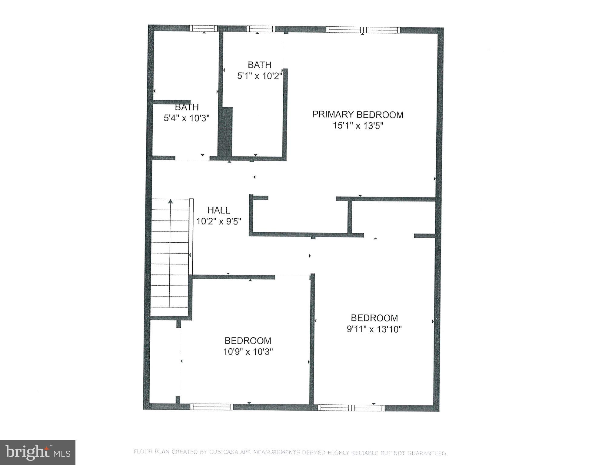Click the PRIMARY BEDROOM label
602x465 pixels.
358,115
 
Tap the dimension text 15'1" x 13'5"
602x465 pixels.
358,126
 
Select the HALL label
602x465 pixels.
218,210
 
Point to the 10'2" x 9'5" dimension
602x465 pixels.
218,221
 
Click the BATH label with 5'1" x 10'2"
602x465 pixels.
259,65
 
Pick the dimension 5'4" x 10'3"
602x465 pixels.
187,118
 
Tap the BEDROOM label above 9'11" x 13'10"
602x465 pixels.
374,318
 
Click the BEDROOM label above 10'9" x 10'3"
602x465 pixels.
248,340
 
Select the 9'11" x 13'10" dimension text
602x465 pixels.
374,329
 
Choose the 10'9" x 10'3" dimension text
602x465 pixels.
248,352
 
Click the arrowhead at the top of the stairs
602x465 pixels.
171,201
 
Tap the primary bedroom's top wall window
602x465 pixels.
363,30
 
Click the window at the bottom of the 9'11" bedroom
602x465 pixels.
351,408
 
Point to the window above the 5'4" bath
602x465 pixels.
203,28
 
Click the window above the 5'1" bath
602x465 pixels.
261,29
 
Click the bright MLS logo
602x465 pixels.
38,452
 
